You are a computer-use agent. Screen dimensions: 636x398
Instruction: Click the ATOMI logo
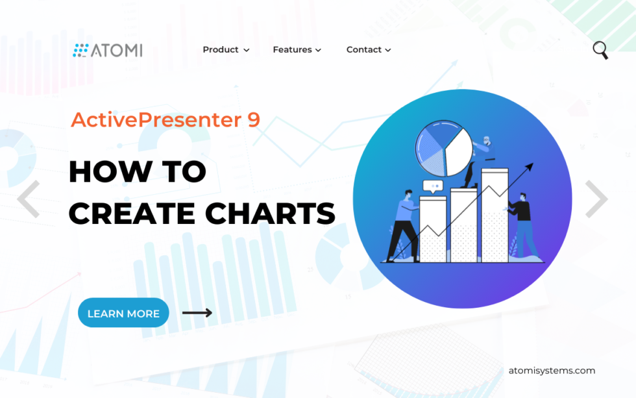pyautogui.click(x=108, y=50)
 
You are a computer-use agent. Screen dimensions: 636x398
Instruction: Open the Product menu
pyautogui.click(x=226, y=49)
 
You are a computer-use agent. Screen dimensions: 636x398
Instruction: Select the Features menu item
pyautogui.click(x=297, y=49)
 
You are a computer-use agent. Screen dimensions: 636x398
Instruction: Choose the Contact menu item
pyautogui.click(x=369, y=49)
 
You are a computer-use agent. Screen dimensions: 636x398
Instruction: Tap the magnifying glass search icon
pyautogui.click(x=600, y=50)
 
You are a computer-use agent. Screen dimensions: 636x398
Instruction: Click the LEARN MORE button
pyautogui.click(x=123, y=313)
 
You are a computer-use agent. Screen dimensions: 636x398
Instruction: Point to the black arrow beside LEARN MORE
pyautogui.click(x=197, y=313)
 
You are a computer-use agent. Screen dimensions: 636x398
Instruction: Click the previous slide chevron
pyautogui.click(x=29, y=199)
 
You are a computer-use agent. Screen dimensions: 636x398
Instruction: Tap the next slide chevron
pyautogui.click(x=596, y=199)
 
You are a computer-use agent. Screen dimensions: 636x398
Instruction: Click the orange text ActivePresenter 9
pyautogui.click(x=165, y=119)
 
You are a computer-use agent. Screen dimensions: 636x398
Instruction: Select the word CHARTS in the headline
pyautogui.click(x=270, y=214)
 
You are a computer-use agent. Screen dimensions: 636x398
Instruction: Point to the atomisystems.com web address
pyautogui.click(x=552, y=371)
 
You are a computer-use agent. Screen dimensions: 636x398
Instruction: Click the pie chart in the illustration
pyautogui.click(x=444, y=149)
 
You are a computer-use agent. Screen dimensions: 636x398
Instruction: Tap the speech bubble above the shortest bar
pyautogui.click(x=434, y=186)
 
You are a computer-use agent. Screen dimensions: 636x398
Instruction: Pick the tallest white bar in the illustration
pyautogui.click(x=495, y=216)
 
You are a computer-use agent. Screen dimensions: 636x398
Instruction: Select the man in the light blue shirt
pyautogui.click(x=404, y=225)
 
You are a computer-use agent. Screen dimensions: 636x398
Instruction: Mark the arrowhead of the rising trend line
pyautogui.click(x=530, y=166)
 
